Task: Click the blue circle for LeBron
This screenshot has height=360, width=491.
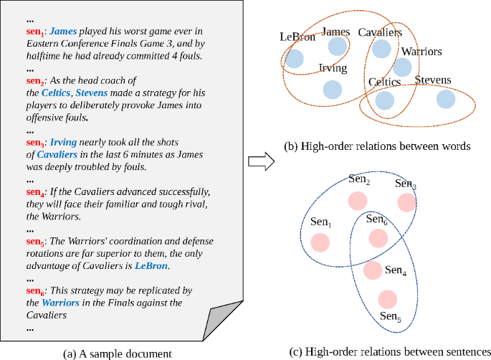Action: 294,60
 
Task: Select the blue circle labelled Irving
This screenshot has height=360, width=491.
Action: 332,89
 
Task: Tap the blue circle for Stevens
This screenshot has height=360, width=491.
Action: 445,100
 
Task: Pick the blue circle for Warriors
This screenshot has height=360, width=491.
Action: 402,67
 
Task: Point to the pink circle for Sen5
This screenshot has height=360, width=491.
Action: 387,299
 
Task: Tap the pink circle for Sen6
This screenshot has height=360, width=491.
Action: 376,237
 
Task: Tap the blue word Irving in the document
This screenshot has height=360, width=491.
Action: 63,143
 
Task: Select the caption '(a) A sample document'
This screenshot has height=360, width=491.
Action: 118,352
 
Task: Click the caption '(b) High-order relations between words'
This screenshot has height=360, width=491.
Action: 377,146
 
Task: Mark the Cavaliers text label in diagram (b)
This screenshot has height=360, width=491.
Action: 380,32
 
